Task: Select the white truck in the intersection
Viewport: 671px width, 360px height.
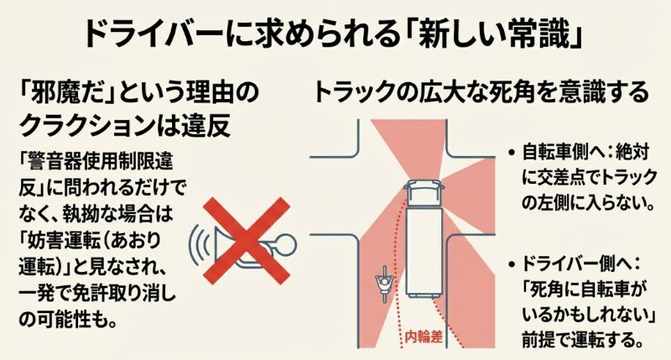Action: (x=423, y=243)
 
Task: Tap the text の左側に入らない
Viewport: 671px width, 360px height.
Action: (x=586, y=203)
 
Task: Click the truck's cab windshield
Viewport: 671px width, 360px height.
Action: (x=424, y=190)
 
